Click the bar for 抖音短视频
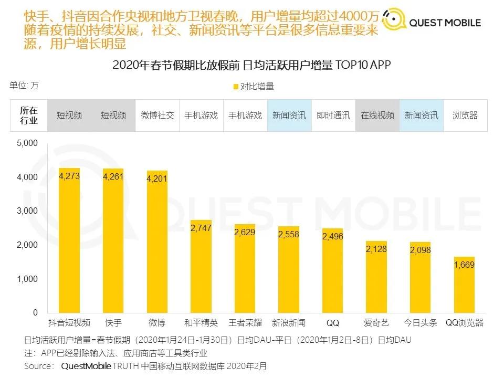coord(69,241)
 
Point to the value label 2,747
coord(201,227)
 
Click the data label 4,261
coord(113,176)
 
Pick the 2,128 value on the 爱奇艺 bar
coord(376,249)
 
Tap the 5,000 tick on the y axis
coord(27,143)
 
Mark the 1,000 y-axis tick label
coord(27,279)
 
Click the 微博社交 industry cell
coord(157,115)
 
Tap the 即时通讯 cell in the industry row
coord(333,115)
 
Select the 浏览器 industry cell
coord(465,115)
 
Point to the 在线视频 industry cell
coord(377,115)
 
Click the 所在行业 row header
coord(29,115)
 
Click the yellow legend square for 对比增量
coord(235,87)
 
